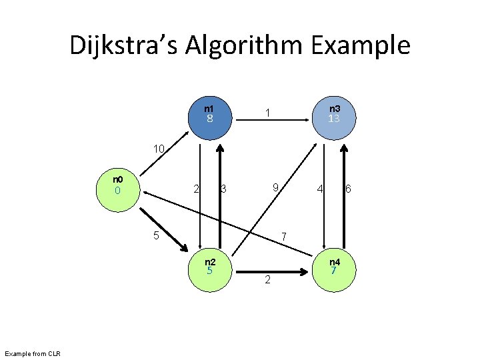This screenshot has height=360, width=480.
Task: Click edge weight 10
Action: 158,149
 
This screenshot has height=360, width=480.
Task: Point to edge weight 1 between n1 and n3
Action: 267,114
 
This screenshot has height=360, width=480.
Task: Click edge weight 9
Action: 274,189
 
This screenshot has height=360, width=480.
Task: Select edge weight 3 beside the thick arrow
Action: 224,190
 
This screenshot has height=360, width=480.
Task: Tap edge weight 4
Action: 321,190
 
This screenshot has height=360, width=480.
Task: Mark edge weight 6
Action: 347,190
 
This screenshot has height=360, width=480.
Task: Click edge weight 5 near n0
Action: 155,235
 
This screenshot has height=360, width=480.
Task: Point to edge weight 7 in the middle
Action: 284,237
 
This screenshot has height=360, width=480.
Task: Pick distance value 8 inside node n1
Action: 209,119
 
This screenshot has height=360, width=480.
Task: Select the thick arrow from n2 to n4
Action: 273,272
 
